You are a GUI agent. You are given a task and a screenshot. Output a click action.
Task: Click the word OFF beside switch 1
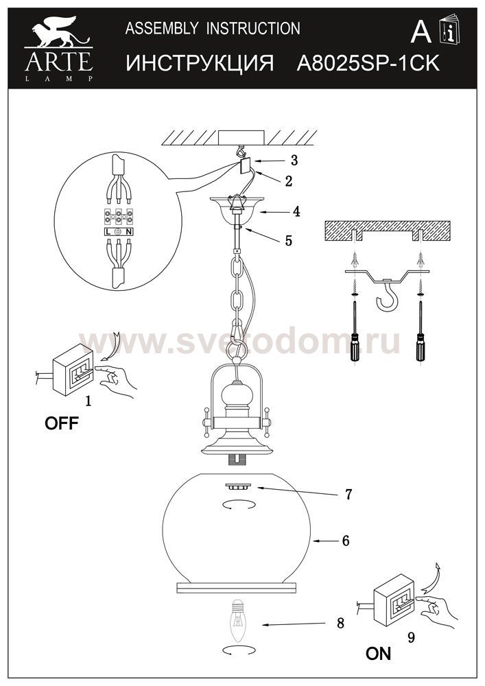pyautogui.click(x=62, y=423)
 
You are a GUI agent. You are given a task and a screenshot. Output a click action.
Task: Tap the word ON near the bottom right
pyautogui.click(x=379, y=654)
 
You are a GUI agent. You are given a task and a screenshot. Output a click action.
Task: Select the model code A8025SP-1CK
pyautogui.click(x=368, y=63)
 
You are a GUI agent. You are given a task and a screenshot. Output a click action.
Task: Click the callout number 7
pyautogui.click(x=348, y=495)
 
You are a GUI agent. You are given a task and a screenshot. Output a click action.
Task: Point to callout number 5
pyautogui.click(x=288, y=241)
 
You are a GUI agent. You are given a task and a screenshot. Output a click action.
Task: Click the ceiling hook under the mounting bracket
pyautogui.click(x=387, y=295)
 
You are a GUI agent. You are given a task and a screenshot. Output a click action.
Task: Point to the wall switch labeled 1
pyautogui.click(x=73, y=370)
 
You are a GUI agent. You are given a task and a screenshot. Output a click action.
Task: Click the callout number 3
pyautogui.click(x=294, y=161)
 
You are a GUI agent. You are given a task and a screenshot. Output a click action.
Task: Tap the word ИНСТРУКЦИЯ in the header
pyautogui.click(x=200, y=63)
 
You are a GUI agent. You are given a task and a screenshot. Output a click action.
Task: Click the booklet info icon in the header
pyautogui.click(x=449, y=29)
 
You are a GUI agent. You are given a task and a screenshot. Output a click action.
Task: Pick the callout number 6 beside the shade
pyautogui.click(x=346, y=541)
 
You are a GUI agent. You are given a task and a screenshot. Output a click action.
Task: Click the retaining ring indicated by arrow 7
pyautogui.click(x=237, y=486)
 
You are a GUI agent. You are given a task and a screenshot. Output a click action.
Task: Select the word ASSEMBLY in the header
pyautogui.click(x=162, y=28)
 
